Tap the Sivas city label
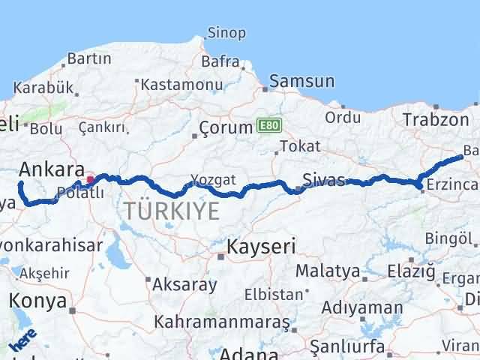tap(324, 180)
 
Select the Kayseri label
tap(261, 246)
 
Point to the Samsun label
tap(301, 81)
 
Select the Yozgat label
tap(213, 180)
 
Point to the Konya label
tap(37, 301)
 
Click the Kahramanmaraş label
tap(221, 322)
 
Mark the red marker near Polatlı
tap(91, 179)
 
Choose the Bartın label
tap(89, 58)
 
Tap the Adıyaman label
tap(362, 307)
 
